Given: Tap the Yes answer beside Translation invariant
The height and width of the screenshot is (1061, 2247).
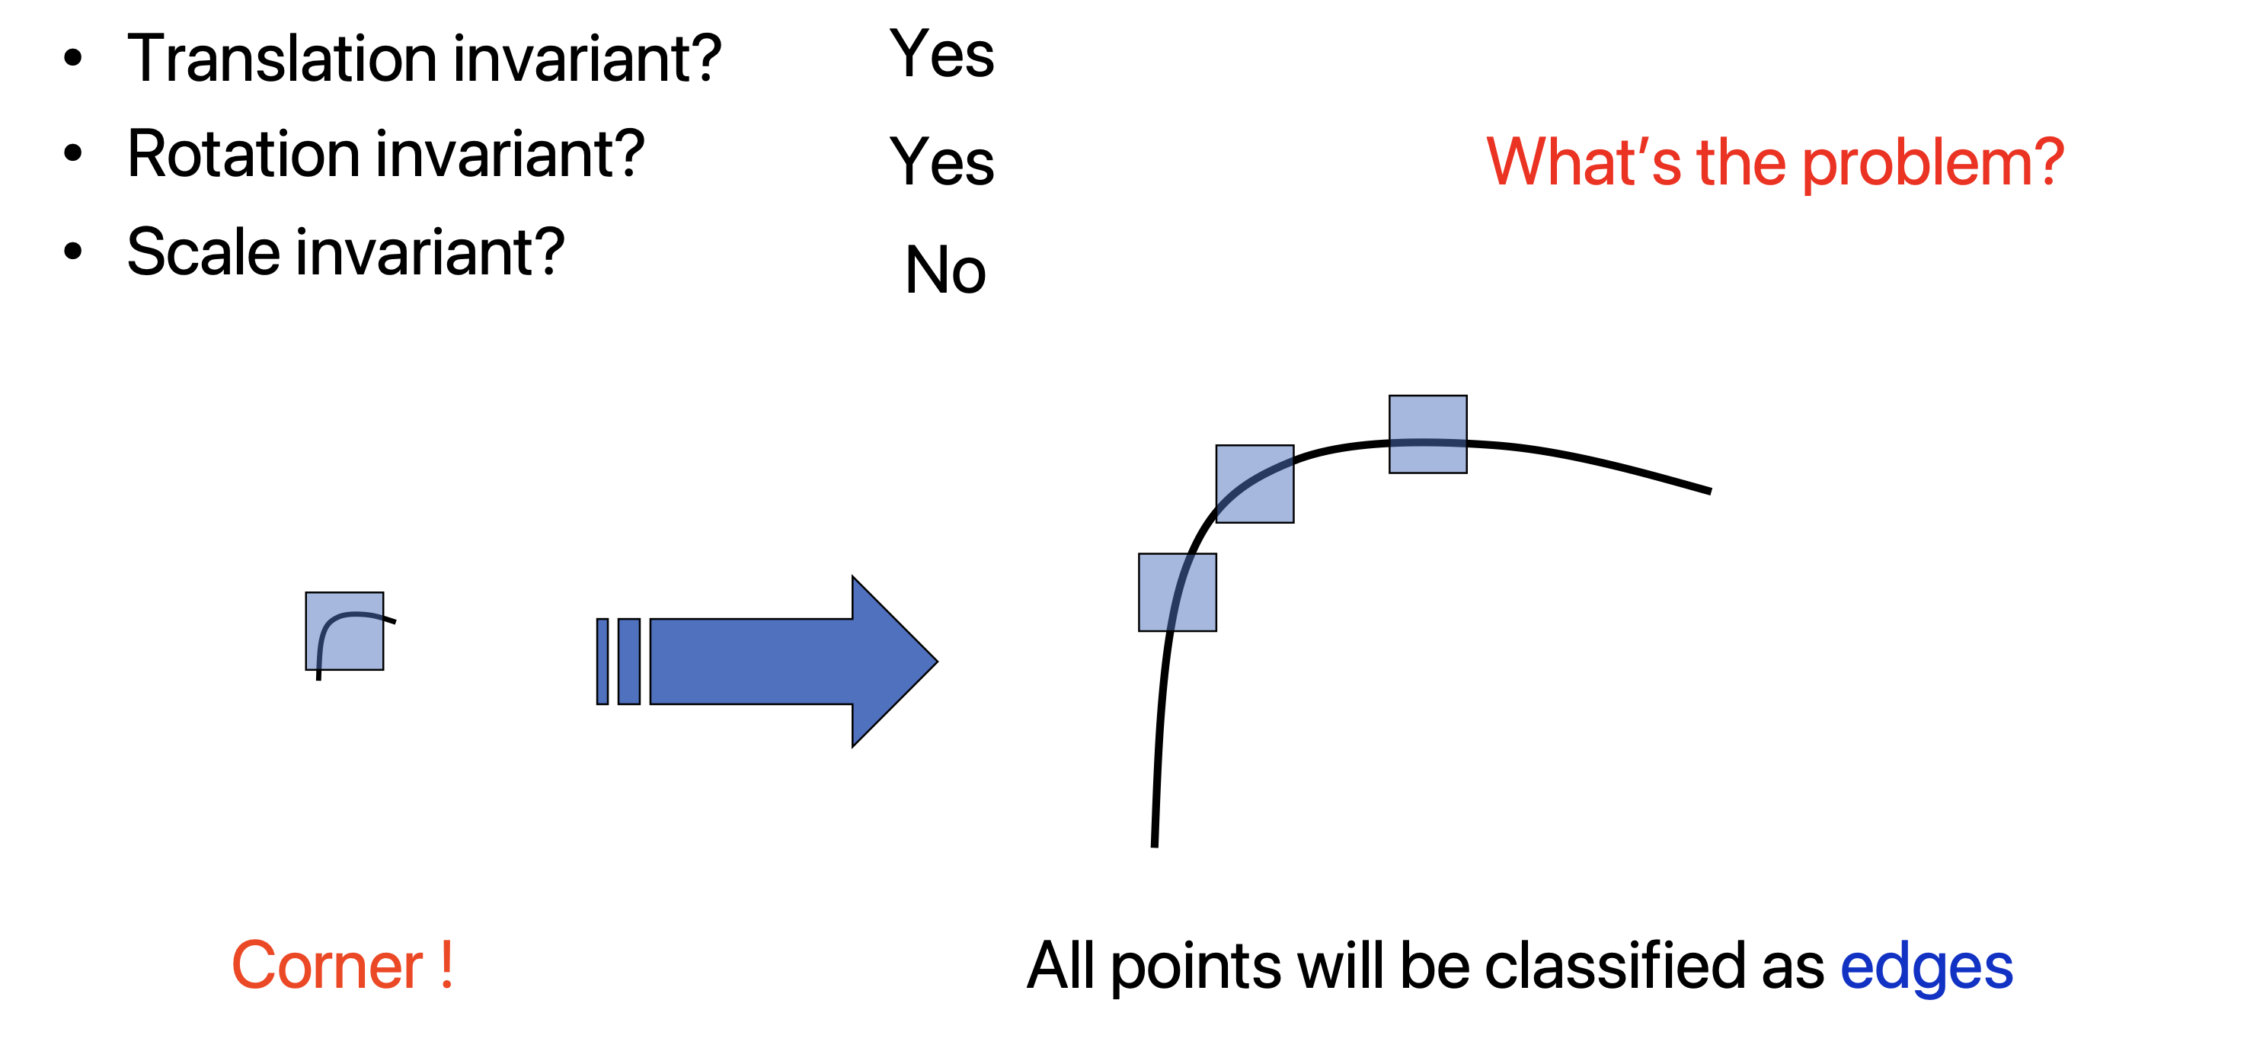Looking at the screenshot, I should (x=941, y=54).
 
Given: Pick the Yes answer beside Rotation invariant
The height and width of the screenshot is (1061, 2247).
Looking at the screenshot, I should (x=941, y=162).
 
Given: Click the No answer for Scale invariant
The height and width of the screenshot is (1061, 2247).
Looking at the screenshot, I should (x=945, y=271).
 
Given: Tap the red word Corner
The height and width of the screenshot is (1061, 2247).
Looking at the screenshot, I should (x=326, y=966).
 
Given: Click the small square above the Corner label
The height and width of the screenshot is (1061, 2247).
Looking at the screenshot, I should (x=344, y=631).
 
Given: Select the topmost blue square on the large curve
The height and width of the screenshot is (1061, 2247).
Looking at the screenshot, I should (x=1428, y=434).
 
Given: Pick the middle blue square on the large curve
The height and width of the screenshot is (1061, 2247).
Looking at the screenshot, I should (x=1255, y=483).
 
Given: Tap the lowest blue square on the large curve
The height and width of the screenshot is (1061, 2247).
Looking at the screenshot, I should (x=1177, y=591).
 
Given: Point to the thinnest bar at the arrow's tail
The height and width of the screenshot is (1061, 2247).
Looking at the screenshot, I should (x=602, y=662).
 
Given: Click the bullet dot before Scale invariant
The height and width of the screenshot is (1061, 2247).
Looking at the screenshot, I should (x=73, y=252).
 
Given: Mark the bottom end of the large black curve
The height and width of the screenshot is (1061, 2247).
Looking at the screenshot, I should (x=1154, y=842).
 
